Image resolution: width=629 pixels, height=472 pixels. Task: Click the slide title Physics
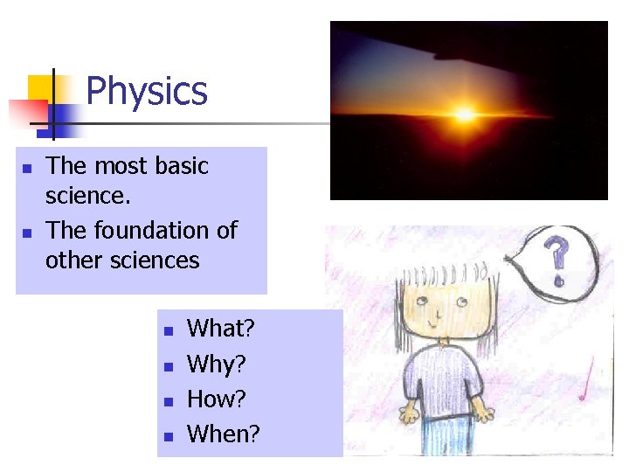point(147,91)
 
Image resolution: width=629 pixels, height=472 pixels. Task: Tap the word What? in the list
point(221,329)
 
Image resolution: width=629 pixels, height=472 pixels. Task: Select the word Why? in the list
point(217,364)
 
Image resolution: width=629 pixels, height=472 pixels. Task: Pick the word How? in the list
point(217,399)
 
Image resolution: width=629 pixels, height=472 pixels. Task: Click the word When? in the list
point(224,434)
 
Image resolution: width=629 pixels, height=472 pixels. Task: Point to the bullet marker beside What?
point(169,331)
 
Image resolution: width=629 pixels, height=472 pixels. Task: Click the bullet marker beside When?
point(169,435)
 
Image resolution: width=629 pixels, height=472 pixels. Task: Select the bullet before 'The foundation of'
point(27,233)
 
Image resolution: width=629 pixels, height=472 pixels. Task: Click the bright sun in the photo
point(464,115)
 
